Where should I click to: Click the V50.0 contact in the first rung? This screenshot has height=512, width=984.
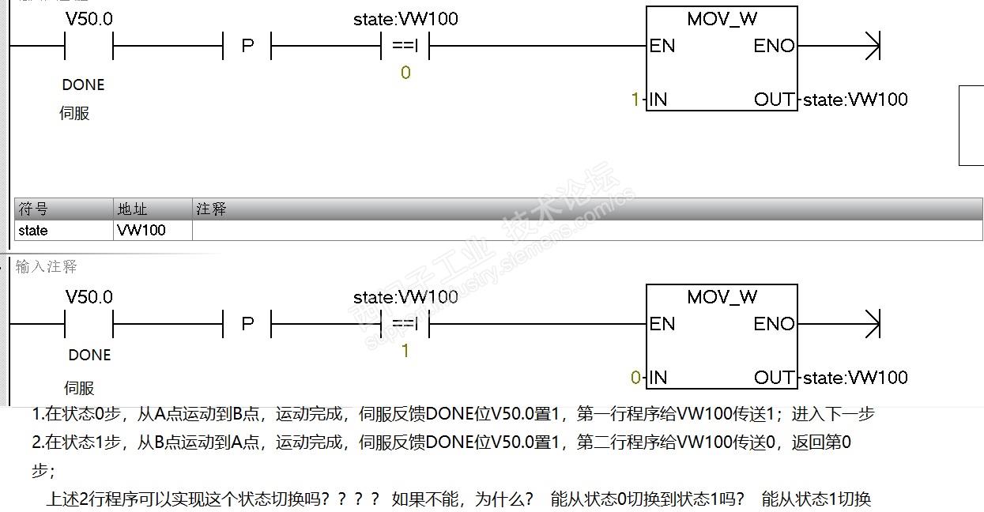[x=89, y=46]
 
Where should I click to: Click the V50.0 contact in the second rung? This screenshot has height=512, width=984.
[x=89, y=324]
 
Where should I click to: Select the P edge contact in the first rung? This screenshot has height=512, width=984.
[x=247, y=46]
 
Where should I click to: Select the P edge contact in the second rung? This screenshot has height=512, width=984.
[x=247, y=324]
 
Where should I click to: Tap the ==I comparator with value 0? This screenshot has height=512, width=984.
[x=405, y=46]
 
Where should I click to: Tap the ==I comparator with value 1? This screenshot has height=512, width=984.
[x=405, y=324]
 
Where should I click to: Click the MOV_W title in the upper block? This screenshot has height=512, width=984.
[x=722, y=19]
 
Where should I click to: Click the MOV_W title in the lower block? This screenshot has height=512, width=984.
[x=722, y=297]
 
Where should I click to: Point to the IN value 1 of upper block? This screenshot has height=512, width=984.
[x=635, y=100]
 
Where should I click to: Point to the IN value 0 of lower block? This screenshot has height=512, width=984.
[x=635, y=378]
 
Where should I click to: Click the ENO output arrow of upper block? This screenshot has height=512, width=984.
[x=871, y=46]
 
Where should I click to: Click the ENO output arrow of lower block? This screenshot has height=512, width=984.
[x=871, y=324]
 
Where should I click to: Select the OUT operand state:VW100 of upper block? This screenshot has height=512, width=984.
[x=855, y=100]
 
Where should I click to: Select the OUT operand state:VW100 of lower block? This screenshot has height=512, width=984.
[x=855, y=378]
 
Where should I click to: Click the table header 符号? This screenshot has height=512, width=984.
[x=33, y=209]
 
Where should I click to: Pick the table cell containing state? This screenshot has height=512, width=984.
[x=33, y=231]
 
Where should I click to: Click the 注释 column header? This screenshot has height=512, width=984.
[x=211, y=209]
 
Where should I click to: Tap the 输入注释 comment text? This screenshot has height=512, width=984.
[x=47, y=267]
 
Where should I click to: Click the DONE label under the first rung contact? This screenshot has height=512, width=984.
[x=83, y=85]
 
